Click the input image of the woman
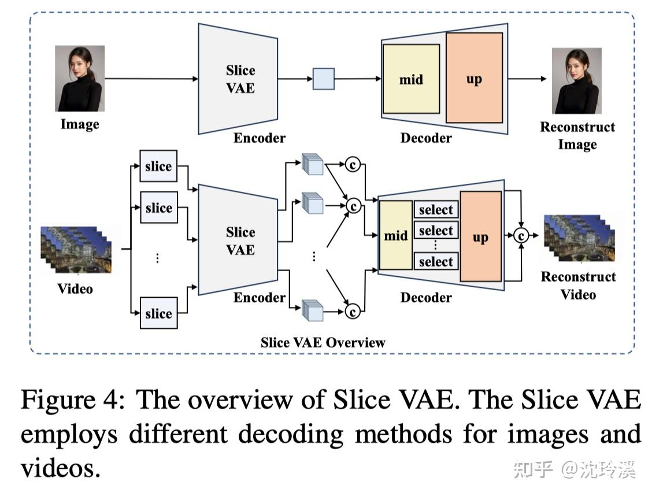(80, 79)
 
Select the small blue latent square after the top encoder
(324, 79)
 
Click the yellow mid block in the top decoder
(411, 79)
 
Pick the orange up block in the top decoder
(474, 78)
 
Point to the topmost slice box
(158, 166)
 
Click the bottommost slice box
(158, 313)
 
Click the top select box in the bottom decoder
(436, 209)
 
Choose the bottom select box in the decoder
(436, 261)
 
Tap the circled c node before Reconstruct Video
(521, 235)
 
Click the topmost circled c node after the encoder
(352, 165)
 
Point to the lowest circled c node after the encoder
(352, 312)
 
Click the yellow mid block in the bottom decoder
(395, 235)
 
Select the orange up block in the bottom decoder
(480, 237)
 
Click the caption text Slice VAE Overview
(323, 342)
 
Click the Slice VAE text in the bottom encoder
(240, 241)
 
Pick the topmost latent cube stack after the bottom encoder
(313, 164)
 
